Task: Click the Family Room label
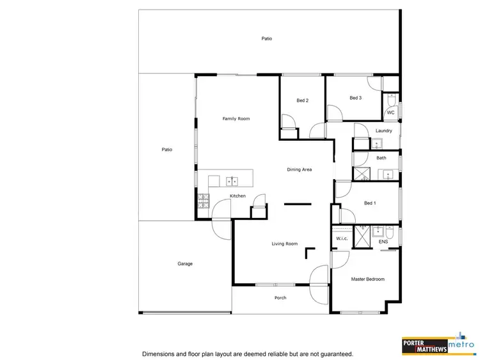[x=236, y=118]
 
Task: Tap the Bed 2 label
[x=303, y=101]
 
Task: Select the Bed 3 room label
[x=356, y=98]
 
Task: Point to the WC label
[x=390, y=113]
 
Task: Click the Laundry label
[x=384, y=130]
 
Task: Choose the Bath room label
[x=381, y=157]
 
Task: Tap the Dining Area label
[x=299, y=169]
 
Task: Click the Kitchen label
[x=237, y=196]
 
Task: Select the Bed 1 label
[x=370, y=203]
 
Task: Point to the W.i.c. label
[x=341, y=239]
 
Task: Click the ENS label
[x=383, y=242]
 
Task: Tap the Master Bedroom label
[x=367, y=279]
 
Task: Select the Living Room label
[x=285, y=244]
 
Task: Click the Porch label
[x=280, y=297]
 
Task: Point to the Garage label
[x=185, y=263]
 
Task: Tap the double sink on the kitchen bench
[x=232, y=180]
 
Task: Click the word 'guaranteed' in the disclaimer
[x=333, y=353]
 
